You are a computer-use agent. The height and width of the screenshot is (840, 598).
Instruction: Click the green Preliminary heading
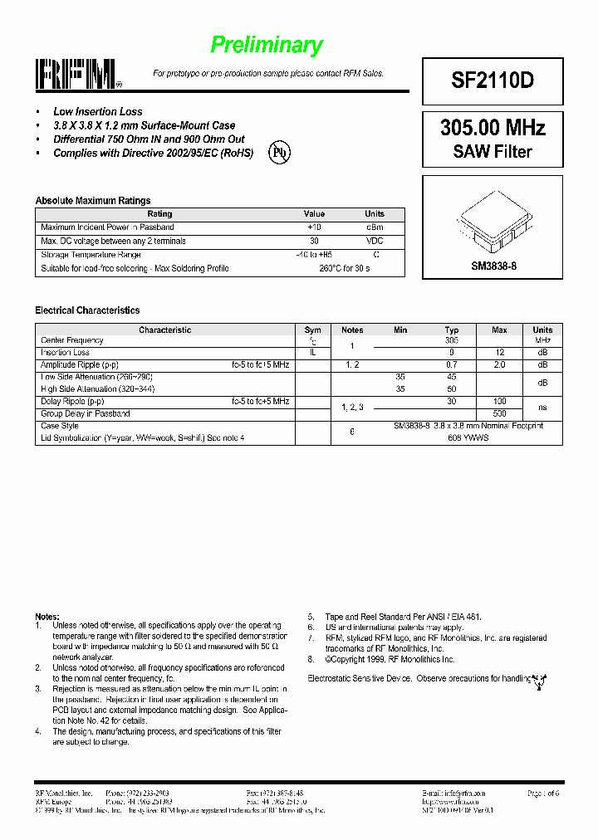(266, 45)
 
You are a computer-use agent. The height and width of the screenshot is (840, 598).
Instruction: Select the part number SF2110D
(493, 81)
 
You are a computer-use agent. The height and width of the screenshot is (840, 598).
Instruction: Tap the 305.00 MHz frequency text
(493, 128)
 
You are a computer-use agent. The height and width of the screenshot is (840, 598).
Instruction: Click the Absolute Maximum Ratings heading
(93, 201)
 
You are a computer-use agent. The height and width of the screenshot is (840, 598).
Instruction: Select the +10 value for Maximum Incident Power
(314, 227)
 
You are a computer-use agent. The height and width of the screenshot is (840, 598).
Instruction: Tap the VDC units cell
(375, 241)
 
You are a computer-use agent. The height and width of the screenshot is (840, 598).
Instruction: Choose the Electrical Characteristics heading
(87, 310)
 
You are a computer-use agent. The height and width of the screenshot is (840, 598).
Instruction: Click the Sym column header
(312, 330)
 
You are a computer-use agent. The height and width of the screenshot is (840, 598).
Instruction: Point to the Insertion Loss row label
(66, 353)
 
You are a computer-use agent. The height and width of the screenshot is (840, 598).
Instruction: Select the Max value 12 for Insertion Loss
(499, 353)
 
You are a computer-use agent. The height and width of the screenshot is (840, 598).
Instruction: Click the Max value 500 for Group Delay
(499, 413)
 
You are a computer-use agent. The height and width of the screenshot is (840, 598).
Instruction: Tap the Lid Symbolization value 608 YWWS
(468, 437)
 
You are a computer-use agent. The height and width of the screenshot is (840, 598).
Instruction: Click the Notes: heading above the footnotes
(47, 617)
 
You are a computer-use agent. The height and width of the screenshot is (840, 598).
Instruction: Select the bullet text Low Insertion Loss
(97, 111)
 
